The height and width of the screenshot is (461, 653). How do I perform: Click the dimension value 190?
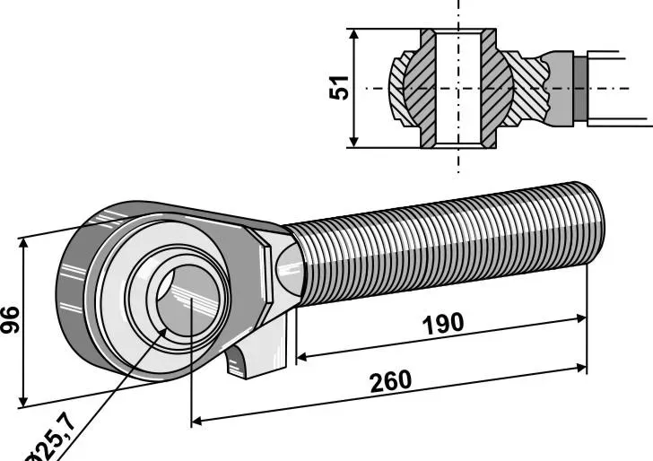(x=444, y=323)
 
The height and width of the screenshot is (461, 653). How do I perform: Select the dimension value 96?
(x=10, y=319)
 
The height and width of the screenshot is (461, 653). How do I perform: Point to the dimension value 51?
(x=339, y=87)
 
